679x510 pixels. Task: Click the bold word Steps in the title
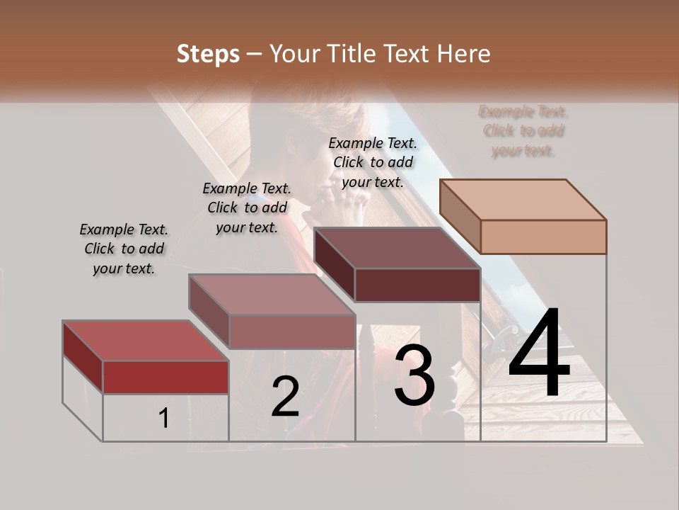click(208, 54)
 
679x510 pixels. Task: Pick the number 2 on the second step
click(285, 397)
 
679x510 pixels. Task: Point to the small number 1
click(164, 419)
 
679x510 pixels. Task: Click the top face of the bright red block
click(145, 341)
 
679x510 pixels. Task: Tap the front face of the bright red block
click(166, 377)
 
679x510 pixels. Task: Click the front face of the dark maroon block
click(417, 285)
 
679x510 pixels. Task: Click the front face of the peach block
click(543, 237)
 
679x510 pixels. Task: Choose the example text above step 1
click(124, 249)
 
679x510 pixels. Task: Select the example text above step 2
click(247, 208)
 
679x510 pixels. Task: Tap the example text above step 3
click(373, 162)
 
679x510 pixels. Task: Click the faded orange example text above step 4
click(523, 130)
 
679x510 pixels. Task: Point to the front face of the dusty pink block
click(292, 331)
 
